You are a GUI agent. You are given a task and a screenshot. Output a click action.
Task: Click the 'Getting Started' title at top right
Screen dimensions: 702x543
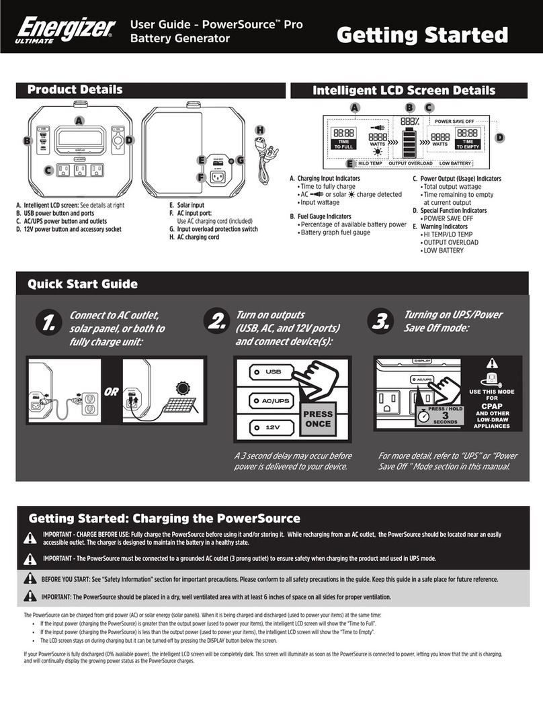(x=431, y=34)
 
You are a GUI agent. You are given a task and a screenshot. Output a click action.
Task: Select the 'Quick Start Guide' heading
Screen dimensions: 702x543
(x=82, y=284)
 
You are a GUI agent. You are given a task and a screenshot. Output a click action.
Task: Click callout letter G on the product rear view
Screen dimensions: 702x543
(x=241, y=160)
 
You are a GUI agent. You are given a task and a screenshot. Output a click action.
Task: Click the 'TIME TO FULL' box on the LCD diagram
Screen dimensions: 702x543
(x=343, y=145)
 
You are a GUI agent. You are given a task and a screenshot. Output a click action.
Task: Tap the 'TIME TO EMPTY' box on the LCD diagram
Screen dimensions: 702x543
(x=468, y=145)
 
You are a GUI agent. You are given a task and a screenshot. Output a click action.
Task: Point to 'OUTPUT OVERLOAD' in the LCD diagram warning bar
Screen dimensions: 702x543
(x=411, y=163)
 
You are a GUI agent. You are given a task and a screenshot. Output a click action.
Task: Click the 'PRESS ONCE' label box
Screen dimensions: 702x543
(x=318, y=419)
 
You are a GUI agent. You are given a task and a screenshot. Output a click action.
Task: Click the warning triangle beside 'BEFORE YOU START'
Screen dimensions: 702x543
(x=30, y=578)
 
